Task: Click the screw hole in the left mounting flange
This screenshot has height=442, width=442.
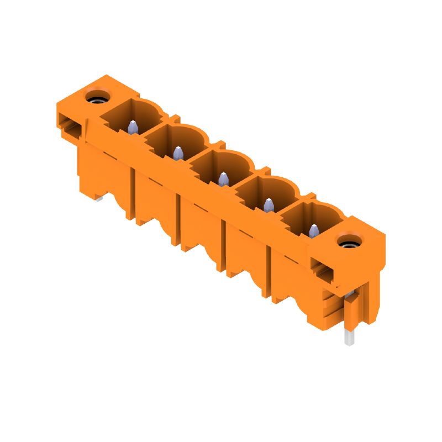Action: [97, 97]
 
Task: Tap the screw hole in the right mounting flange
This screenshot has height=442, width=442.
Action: [348, 241]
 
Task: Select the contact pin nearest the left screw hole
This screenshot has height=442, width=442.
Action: [133, 127]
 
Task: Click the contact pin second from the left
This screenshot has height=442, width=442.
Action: [178, 153]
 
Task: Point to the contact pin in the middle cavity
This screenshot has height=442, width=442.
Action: [223, 179]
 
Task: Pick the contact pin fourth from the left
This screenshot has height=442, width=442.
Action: [269, 205]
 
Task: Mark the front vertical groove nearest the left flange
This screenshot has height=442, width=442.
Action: [133, 193]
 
